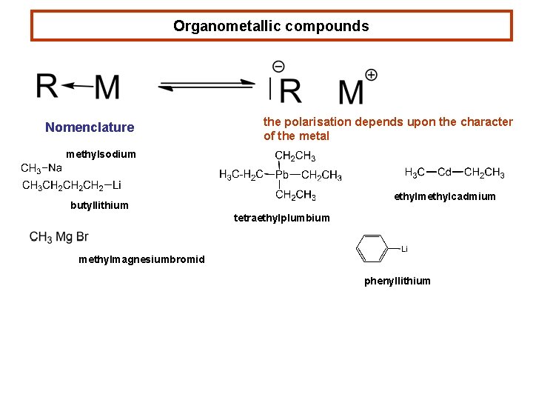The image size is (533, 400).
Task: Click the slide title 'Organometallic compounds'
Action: [271, 26]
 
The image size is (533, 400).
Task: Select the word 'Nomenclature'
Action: [90, 127]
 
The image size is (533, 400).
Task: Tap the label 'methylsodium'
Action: [101, 154]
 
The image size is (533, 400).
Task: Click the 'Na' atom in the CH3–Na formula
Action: [56, 168]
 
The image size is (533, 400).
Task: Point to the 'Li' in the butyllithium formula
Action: [116, 185]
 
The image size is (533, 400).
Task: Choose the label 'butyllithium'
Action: [99, 205]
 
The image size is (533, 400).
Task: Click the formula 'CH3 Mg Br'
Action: [59, 237]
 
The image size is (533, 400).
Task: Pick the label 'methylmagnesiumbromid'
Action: [141, 259]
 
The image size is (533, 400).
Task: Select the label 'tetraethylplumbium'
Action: [282, 218]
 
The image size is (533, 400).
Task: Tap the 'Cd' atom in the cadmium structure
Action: [444, 173]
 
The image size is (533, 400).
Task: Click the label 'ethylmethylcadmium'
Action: [444, 196]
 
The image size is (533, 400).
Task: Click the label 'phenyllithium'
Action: [397, 281]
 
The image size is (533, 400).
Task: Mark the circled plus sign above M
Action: [371, 75]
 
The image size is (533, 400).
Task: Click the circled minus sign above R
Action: [278, 67]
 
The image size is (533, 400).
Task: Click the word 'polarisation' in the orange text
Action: [320, 121]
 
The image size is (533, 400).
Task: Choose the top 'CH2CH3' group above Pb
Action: [295, 156]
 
